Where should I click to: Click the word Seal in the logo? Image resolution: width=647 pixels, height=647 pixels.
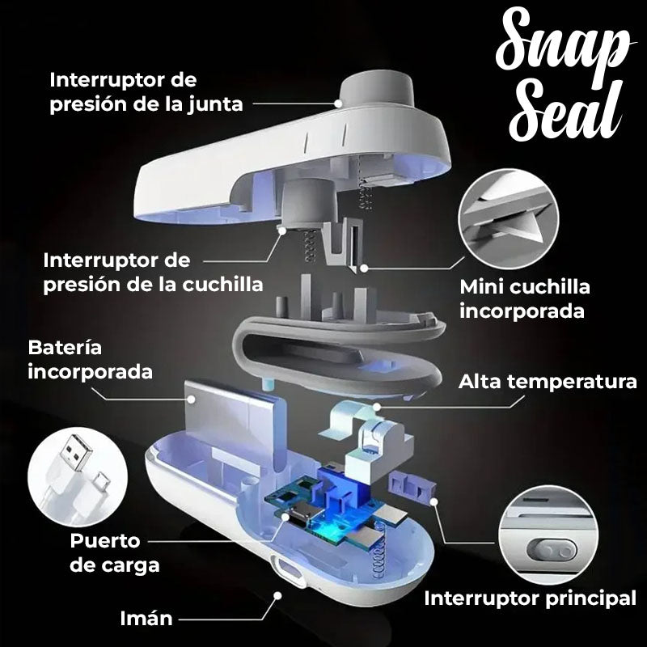click(566, 109)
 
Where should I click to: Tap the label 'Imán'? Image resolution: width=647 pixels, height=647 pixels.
click(146, 619)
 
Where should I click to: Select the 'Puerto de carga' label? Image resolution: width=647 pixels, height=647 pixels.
click(114, 553)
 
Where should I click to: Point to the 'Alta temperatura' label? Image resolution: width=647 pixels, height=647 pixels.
click(548, 382)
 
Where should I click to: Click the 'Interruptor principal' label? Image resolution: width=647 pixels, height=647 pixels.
click(531, 598)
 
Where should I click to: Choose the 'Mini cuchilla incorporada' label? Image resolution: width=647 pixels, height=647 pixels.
click(525, 298)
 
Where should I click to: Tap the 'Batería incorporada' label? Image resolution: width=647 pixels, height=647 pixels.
click(91, 359)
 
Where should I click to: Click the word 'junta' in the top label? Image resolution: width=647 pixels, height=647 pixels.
click(216, 104)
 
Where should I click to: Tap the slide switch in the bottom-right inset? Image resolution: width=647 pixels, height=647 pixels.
click(552, 552)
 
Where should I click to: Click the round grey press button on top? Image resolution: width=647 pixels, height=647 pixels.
click(376, 89)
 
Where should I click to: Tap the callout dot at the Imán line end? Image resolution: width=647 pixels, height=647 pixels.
click(277, 595)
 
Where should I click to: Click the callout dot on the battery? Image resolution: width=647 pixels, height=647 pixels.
click(191, 399)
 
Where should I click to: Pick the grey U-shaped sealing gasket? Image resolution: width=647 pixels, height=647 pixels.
click(338, 351)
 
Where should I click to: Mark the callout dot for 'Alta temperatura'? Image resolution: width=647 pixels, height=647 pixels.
click(376, 408)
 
